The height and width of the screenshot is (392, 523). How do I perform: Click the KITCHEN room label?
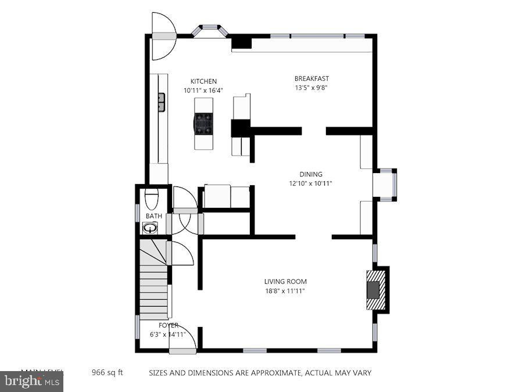click(203, 81)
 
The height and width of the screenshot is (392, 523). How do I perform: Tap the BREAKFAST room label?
click(311, 78)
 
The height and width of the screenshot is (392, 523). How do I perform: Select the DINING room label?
click(311, 174)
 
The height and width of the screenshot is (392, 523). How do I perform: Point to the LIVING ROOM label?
click(285, 282)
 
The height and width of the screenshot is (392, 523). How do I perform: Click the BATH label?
click(153, 216)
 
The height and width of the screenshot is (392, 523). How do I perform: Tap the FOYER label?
click(169, 325)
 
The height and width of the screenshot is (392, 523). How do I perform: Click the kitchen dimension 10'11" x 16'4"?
click(203, 91)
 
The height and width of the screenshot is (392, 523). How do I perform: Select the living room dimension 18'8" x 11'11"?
click(285, 291)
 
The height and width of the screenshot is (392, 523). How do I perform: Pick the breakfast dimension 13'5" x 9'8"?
click(311, 88)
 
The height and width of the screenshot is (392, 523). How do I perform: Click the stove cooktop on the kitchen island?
click(203, 123)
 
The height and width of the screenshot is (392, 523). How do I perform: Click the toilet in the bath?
click(151, 199)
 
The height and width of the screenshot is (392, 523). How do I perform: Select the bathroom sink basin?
click(150, 228)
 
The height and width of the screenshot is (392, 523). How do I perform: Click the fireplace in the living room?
click(375, 289)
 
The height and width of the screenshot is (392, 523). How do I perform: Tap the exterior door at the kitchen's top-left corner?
click(163, 36)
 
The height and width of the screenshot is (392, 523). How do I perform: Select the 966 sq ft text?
click(108, 372)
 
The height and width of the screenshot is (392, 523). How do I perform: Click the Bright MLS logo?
click(32, 382)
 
